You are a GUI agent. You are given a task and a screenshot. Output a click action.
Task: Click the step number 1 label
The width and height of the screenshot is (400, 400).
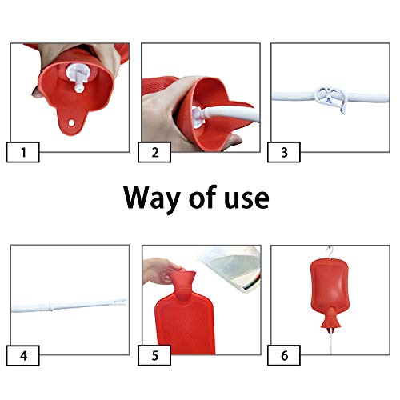[23, 152]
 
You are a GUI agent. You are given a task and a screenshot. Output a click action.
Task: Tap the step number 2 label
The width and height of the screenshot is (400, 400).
[154, 152]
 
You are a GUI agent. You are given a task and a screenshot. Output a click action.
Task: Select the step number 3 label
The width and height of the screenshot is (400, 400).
[284, 152]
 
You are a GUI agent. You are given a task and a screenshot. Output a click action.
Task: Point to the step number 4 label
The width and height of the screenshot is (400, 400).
[23, 355]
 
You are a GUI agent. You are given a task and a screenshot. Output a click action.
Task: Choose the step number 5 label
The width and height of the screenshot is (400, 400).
[154, 355]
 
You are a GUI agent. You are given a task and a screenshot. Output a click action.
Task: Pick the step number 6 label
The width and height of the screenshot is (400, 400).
[284, 355]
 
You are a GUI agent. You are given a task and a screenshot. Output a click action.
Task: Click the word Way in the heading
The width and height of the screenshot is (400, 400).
[152, 198]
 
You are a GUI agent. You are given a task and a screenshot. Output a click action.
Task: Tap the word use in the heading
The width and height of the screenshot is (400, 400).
[246, 199]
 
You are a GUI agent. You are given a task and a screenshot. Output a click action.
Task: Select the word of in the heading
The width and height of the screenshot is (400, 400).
[202, 197]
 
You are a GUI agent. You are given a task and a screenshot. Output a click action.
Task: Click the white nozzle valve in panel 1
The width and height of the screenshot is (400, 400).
[77, 78]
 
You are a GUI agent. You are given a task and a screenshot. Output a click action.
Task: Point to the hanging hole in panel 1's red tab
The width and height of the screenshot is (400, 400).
[71, 123]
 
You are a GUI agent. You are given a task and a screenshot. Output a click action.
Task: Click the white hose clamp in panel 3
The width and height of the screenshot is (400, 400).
[331, 99]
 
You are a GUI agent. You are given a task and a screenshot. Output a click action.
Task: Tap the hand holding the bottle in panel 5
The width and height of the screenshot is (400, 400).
[160, 270]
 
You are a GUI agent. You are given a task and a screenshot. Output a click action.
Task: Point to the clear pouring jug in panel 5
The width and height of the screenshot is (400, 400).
[231, 268]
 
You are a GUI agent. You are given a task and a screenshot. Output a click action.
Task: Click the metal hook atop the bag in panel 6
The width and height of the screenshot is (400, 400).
[330, 253]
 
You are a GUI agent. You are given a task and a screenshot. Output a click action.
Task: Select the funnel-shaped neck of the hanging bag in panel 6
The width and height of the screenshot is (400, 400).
[330, 319]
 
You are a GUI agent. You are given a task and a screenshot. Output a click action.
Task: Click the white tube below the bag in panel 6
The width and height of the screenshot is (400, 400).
[331, 342]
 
